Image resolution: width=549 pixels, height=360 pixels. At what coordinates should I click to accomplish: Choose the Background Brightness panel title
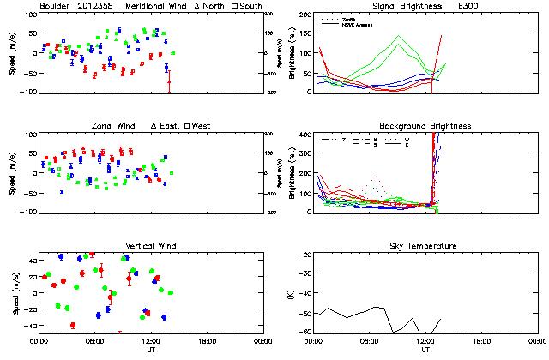[425, 126]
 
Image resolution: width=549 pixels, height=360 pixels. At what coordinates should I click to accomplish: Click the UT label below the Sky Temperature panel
[425, 350]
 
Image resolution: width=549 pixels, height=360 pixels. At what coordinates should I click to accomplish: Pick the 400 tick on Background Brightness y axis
[306, 135]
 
